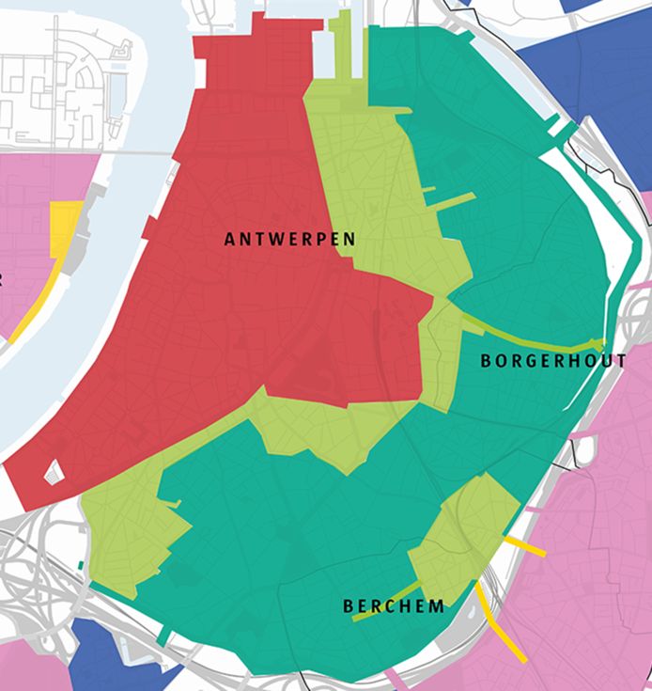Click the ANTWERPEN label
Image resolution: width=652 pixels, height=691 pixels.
click(x=289, y=240)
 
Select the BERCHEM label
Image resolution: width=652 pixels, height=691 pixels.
click(x=394, y=606)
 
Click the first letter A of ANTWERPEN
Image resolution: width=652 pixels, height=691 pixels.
click(x=229, y=240)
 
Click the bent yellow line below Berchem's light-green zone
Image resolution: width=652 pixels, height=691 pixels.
click(x=489, y=611)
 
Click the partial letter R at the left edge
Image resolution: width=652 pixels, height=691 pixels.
click(x=3, y=279)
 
